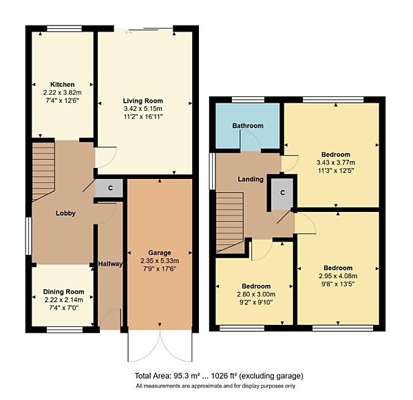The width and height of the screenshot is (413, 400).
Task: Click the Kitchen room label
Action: (x=61, y=85)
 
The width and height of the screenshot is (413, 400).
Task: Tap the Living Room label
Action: (x=144, y=101)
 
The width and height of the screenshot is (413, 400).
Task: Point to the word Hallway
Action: (x=109, y=263)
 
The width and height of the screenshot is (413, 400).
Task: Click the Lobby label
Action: (x=65, y=213)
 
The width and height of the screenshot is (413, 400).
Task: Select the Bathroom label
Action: (x=247, y=126)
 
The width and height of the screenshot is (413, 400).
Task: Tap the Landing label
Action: (x=250, y=180)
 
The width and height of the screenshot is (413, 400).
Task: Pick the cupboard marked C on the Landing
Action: (x=282, y=192)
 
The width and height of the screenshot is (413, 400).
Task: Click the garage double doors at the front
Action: (x=160, y=344)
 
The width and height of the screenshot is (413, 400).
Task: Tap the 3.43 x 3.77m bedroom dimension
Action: (x=335, y=162)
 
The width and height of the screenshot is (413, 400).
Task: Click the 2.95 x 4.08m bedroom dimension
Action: (x=338, y=276)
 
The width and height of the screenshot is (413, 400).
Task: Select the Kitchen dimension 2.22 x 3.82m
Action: (x=61, y=93)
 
